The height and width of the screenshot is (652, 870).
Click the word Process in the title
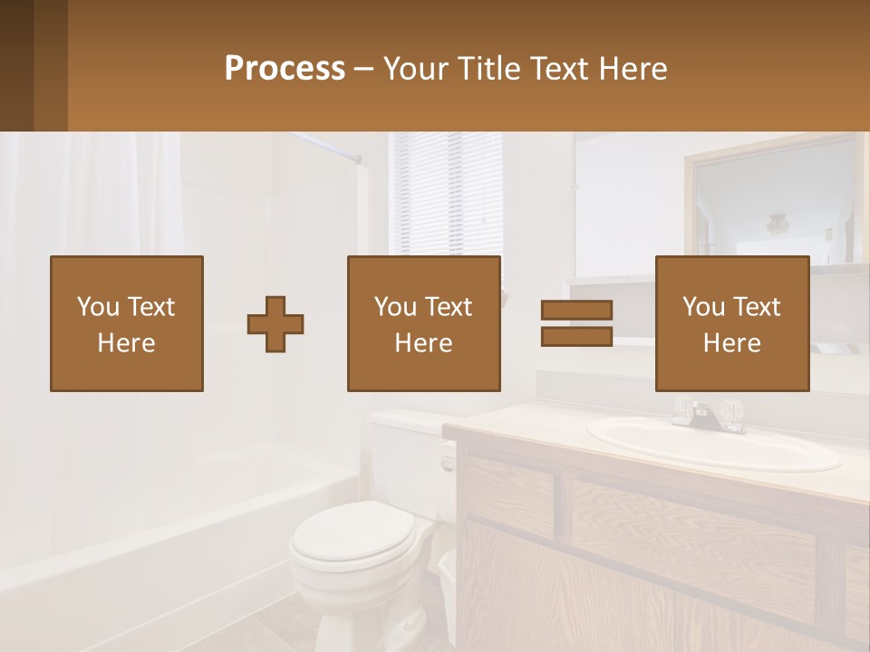(x=285, y=69)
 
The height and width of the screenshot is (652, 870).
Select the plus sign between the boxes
(x=275, y=324)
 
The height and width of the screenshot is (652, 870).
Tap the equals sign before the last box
(x=576, y=323)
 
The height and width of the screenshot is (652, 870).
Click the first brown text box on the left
(x=126, y=324)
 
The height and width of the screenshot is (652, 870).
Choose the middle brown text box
(x=423, y=324)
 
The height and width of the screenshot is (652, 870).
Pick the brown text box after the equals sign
(x=731, y=324)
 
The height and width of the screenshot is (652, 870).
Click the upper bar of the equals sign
(x=576, y=311)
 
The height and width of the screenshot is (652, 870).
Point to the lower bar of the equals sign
(x=576, y=336)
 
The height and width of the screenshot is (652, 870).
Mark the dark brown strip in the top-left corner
(x=16, y=65)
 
